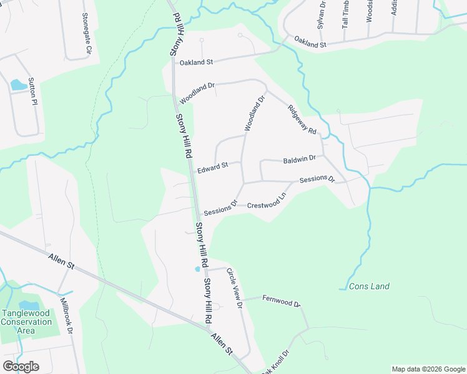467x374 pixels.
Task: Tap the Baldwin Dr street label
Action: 299,159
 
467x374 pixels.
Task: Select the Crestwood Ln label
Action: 267,205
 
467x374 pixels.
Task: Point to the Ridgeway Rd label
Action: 303,118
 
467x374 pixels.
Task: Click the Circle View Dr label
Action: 234,288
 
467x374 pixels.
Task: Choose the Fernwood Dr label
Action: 282,302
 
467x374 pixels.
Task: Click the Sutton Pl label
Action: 34,93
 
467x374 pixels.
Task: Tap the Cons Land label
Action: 369,287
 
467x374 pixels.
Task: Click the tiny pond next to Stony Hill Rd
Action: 198,269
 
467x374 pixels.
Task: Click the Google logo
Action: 21,366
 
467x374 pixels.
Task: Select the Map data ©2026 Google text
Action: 428,369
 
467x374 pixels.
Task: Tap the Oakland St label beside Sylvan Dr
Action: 310,45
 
